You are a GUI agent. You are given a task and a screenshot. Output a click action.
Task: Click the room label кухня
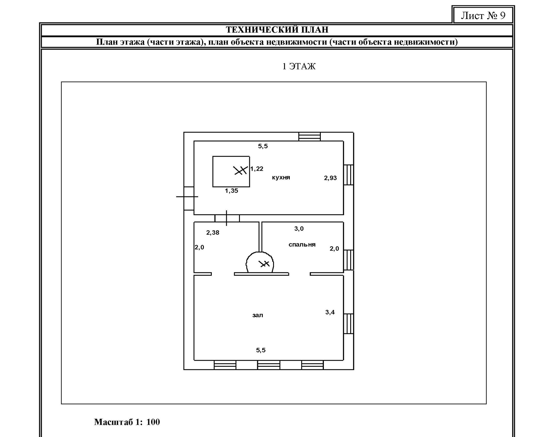(281, 178)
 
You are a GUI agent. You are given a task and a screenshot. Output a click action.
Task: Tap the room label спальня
(302, 245)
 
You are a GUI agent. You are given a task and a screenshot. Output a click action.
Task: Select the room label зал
(257, 315)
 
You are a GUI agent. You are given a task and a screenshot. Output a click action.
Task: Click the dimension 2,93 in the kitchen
(330, 178)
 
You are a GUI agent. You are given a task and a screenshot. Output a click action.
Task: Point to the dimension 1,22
(257, 169)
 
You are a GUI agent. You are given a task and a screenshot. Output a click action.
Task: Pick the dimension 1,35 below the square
(231, 191)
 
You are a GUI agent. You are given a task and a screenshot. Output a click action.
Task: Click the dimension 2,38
(213, 233)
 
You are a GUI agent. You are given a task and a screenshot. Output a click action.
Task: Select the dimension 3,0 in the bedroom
(299, 229)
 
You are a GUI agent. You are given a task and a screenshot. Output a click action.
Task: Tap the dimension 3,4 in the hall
(330, 312)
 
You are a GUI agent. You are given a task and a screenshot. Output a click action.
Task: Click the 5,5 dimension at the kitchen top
(263, 146)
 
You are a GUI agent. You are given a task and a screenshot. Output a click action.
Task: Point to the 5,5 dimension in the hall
(261, 350)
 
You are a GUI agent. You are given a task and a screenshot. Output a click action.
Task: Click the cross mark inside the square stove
(240, 170)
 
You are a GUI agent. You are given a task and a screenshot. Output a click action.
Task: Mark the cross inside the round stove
(265, 264)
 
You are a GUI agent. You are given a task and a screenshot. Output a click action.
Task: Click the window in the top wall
(309, 137)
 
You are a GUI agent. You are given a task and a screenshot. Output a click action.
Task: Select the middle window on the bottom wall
(269, 365)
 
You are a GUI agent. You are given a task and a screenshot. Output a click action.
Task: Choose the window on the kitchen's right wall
(349, 175)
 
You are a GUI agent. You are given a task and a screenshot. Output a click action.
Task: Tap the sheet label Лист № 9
(483, 15)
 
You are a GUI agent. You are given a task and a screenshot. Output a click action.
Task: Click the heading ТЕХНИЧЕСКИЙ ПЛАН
(277, 29)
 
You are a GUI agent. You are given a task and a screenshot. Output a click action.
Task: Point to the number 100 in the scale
(153, 422)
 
